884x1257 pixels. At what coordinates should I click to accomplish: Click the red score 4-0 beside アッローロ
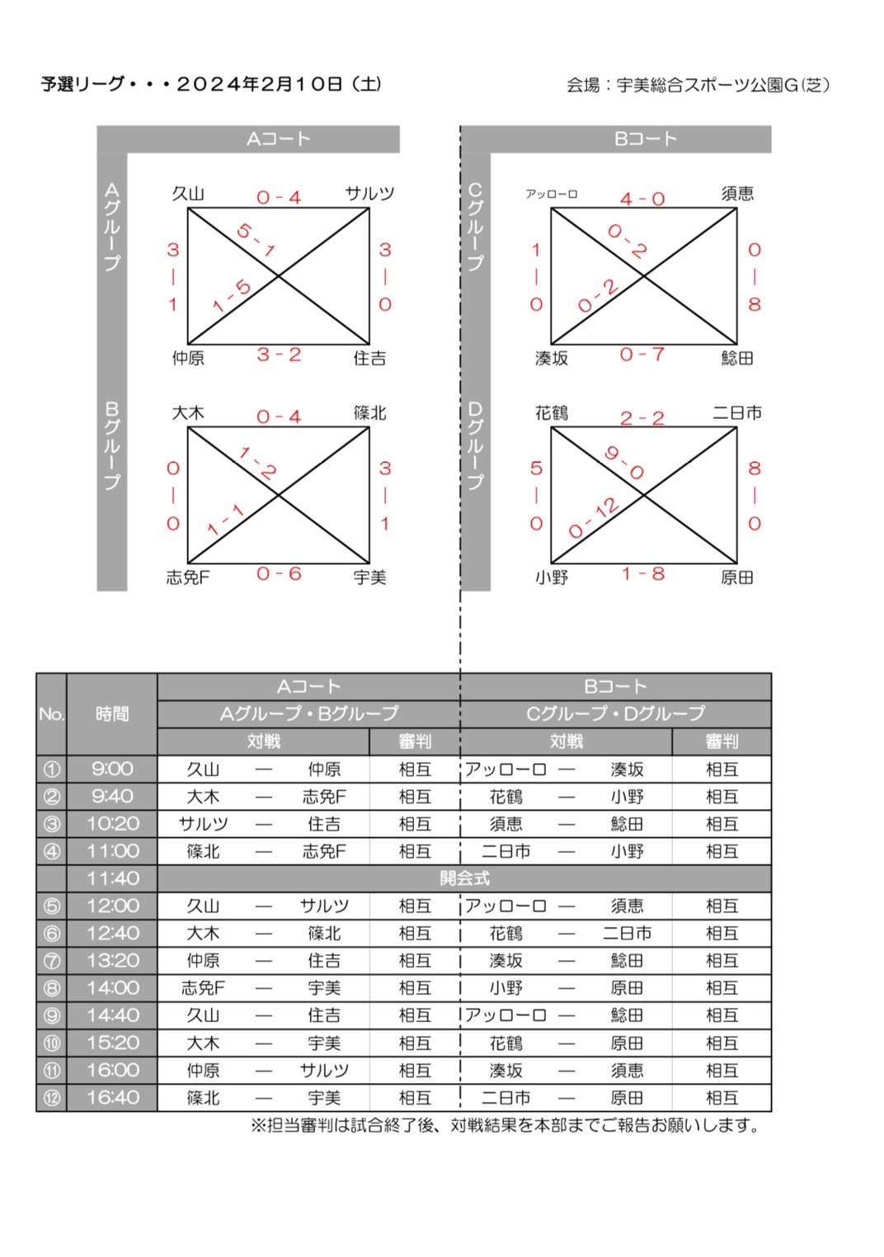(x=642, y=199)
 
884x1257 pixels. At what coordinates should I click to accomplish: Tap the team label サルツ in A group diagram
(x=369, y=194)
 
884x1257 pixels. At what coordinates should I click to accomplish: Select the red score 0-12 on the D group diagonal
(x=594, y=518)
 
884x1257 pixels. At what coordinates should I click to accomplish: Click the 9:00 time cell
(x=112, y=770)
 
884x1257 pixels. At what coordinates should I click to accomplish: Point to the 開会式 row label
(x=464, y=878)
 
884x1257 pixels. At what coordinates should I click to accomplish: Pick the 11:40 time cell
(x=112, y=878)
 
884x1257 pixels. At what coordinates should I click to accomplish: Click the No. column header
(x=51, y=714)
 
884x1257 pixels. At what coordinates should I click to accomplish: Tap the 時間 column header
(x=112, y=714)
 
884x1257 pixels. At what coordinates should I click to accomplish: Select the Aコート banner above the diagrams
(x=279, y=139)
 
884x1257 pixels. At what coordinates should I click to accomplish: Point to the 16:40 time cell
(x=112, y=1098)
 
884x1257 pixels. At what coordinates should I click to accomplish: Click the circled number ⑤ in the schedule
(x=51, y=906)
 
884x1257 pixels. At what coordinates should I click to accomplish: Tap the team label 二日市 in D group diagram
(x=737, y=413)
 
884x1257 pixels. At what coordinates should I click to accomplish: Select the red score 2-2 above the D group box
(x=642, y=418)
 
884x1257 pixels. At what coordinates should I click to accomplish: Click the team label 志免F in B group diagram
(x=188, y=577)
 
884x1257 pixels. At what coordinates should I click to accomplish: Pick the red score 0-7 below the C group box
(x=642, y=355)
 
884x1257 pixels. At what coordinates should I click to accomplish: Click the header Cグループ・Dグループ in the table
(x=616, y=713)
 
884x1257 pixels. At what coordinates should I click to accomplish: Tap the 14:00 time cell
(x=112, y=988)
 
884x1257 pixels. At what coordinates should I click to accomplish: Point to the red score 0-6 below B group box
(x=279, y=574)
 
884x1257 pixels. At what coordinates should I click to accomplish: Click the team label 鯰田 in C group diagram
(x=737, y=359)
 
